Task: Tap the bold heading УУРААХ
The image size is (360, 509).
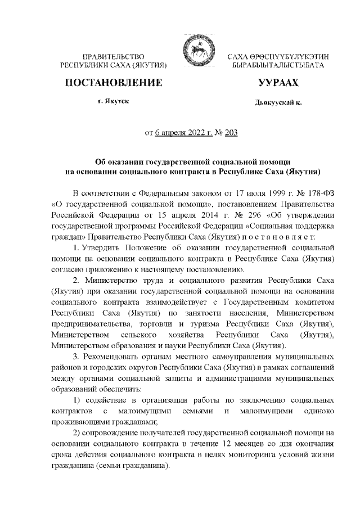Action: click(278, 83)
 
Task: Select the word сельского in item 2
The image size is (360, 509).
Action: click(141, 335)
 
